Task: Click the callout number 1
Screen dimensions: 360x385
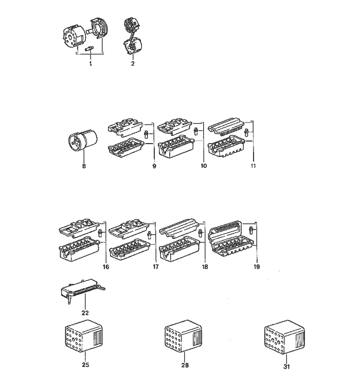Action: click(x=91, y=64)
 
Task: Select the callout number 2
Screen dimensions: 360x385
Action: click(x=133, y=63)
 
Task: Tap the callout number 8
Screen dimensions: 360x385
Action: click(x=84, y=166)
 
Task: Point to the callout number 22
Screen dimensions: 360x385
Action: click(x=85, y=313)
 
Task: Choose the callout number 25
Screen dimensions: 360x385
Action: click(x=85, y=364)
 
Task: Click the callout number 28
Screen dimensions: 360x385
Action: click(x=185, y=365)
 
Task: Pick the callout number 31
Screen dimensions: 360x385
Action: click(x=286, y=366)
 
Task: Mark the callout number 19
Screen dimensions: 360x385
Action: click(x=257, y=267)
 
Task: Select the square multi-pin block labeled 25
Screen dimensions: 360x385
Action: click(x=84, y=337)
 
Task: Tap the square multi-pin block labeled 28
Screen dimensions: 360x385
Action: click(x=183, y=337)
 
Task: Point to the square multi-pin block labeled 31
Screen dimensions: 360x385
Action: click(x=285, y=337)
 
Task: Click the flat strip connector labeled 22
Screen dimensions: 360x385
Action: click(x=83, y=291)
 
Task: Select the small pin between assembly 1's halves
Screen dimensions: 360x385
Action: click(x=89, y=48)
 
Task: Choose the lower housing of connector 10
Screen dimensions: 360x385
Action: click(x=176, y=146)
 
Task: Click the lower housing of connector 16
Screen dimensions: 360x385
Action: click(x=80, y=249)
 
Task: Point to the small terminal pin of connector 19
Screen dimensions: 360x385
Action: click(x=251, y=230)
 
